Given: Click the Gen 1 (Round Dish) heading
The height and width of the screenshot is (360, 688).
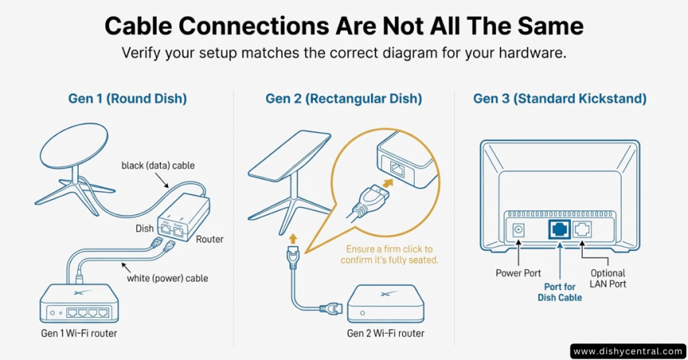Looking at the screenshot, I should point(128,99).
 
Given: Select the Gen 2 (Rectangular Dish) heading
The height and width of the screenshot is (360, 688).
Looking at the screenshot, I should point(343,99).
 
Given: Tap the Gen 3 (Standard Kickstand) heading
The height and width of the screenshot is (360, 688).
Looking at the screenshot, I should point(560,99).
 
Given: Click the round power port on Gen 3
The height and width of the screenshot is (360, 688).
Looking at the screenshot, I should point(518,230).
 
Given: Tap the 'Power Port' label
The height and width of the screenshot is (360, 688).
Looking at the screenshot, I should point(517,273).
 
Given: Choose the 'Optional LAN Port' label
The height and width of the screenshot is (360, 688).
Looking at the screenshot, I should point(608,279).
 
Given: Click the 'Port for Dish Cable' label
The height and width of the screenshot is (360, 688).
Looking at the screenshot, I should point(560,292).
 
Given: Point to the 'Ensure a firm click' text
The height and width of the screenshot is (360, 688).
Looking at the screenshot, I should point(389,254).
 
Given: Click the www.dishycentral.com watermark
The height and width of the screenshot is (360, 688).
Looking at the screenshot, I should point(629,351).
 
